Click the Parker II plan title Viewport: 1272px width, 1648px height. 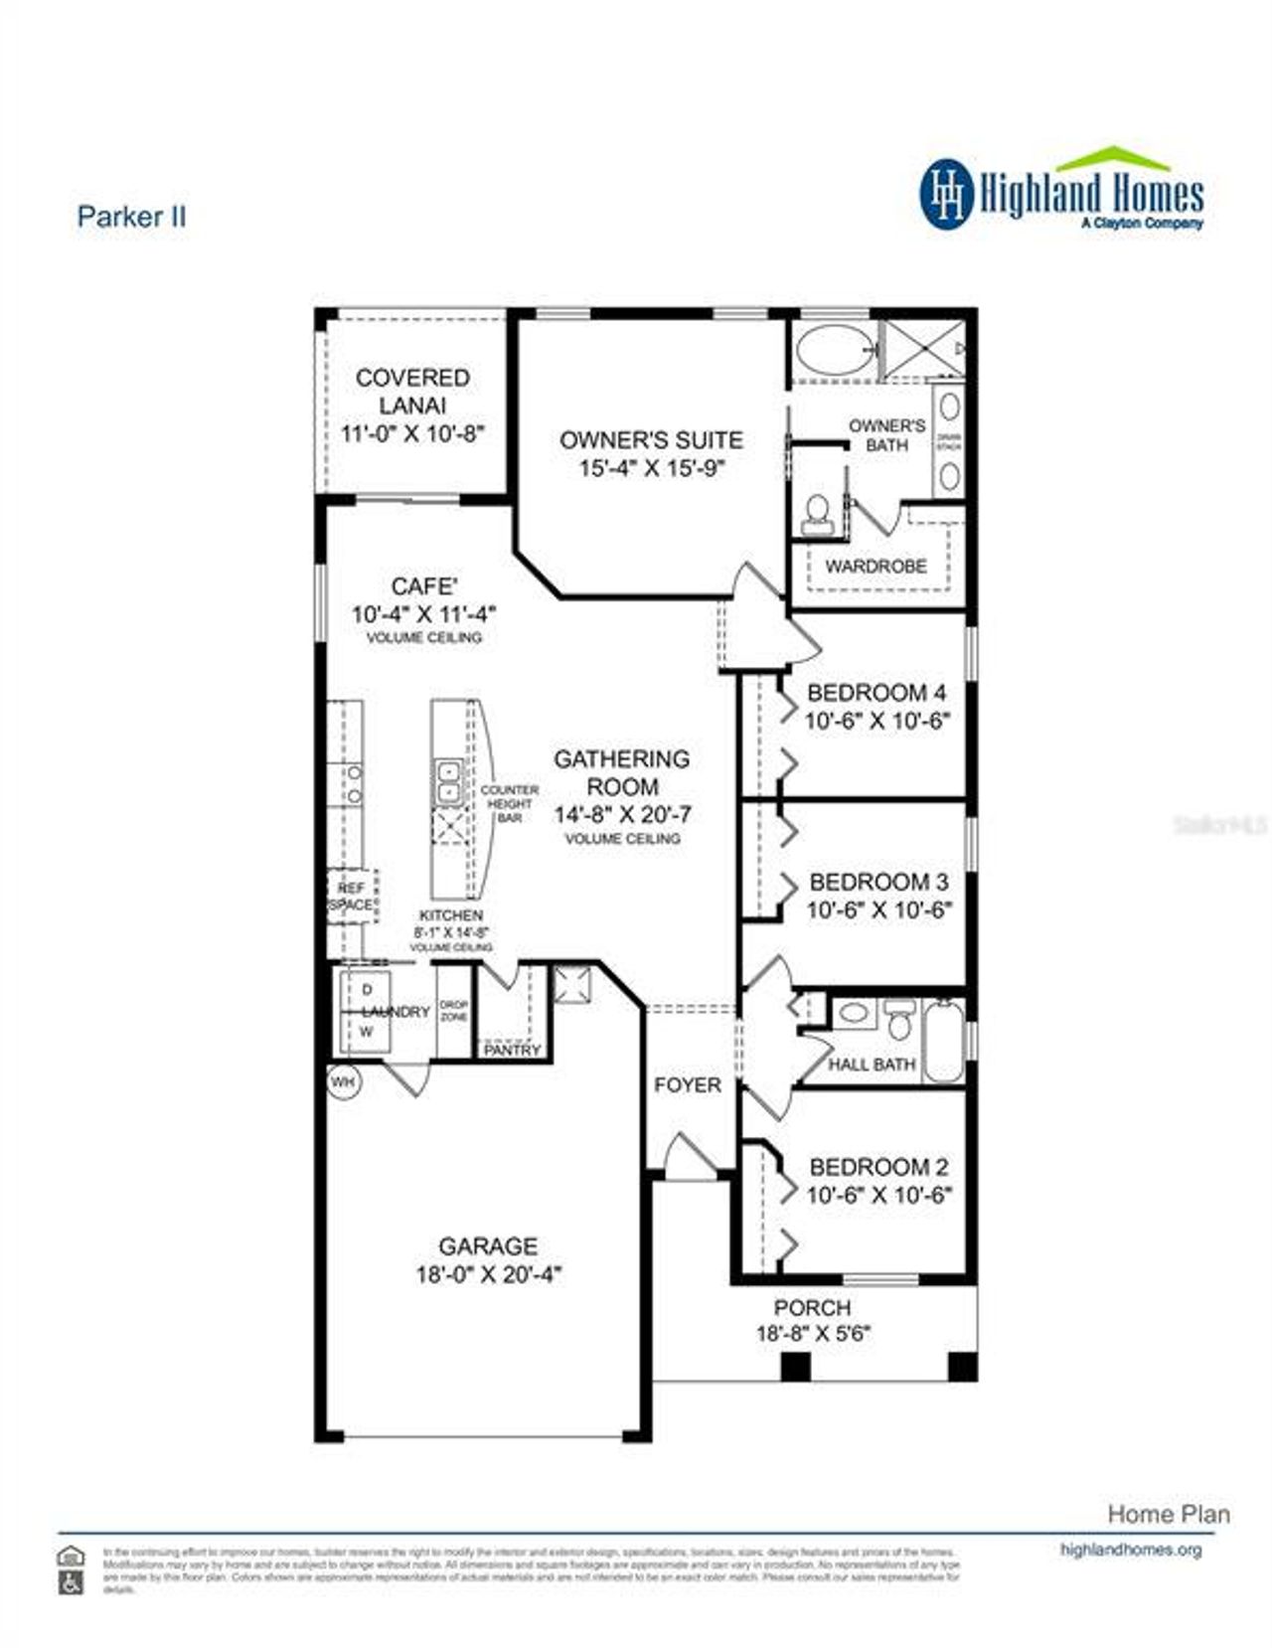(131, 217)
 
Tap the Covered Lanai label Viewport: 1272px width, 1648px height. (412, 392)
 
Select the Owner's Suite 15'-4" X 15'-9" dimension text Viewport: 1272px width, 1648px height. (652, 468)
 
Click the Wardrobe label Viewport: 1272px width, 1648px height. (875, 566)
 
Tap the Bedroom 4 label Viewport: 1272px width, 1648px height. (875, 693)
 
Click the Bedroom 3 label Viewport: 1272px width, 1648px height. (878, 882)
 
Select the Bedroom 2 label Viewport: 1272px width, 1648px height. (878, 1167)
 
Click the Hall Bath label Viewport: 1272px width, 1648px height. (872, 1065)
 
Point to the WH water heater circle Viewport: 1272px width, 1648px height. (343, 1081)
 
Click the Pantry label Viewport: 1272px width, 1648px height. (512, 1050)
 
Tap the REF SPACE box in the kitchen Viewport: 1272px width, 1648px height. (352, 896)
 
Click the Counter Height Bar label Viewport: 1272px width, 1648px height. (509, 803)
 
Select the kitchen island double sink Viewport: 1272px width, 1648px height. (448, 781)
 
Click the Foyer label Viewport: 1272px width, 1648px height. (687, 1085)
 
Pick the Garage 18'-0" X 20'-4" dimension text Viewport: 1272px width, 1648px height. (488, 1275)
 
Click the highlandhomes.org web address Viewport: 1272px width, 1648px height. (1131, 1549)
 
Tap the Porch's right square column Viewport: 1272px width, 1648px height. (961, 1367)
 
